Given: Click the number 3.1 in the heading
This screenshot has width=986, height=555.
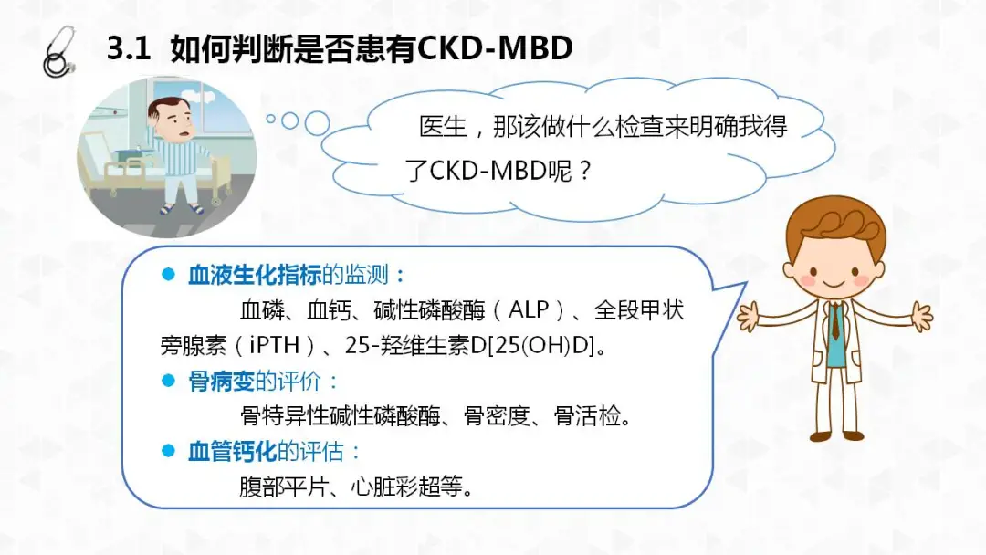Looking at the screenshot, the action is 129,47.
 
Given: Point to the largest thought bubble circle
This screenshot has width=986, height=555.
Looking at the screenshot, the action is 317,124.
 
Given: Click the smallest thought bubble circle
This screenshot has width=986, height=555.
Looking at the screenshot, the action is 271,118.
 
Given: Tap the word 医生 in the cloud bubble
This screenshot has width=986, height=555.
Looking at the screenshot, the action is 443,127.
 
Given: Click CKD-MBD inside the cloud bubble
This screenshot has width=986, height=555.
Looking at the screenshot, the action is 488,171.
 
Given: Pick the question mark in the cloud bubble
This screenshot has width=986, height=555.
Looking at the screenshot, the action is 585,171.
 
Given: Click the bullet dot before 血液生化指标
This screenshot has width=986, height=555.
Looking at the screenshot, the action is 168,274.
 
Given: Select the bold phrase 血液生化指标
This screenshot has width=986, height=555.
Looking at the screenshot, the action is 255,275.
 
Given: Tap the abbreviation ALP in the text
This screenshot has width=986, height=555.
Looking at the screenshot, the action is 529,309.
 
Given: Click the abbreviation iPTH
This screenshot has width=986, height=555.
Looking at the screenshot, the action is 274,345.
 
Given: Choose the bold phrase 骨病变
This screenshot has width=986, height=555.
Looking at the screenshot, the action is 221,381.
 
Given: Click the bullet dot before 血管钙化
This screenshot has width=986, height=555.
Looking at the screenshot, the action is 168,451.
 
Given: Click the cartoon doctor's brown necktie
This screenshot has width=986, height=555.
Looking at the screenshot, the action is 835,320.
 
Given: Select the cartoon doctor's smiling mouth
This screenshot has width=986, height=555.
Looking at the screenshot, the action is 834,284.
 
